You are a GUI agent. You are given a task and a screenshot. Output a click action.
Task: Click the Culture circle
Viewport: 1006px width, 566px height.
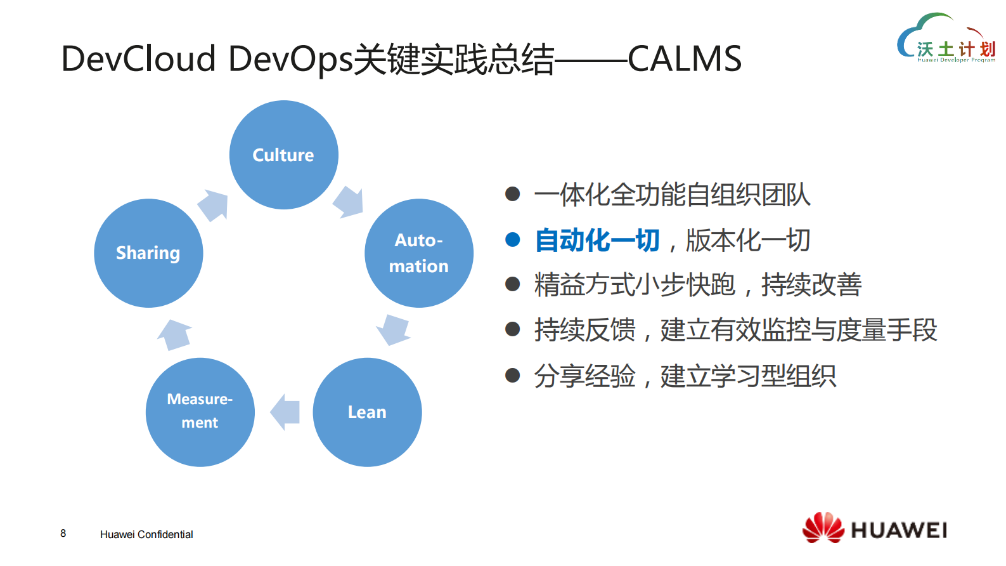(x=283, y=155)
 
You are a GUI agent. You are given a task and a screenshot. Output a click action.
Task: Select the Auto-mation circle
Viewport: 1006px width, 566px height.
(x=418, y=253)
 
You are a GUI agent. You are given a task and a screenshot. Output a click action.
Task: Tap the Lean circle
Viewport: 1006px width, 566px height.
(x=367, y=412)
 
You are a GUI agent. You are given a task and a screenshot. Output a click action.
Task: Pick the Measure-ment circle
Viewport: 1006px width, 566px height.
(x=200, y=412)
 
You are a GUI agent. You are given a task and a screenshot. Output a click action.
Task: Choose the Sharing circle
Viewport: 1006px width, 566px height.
(x=148, y=253)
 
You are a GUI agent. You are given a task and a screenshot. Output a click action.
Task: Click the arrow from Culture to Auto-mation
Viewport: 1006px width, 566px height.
(x=349, y=202)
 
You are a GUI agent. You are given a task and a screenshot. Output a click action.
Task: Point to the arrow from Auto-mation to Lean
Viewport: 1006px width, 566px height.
(x=394, y=329)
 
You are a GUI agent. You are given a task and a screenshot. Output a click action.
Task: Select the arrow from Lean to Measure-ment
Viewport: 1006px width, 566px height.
(x=285, y=412)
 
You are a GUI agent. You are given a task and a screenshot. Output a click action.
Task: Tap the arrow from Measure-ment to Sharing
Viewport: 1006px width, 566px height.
(x=174, y=334)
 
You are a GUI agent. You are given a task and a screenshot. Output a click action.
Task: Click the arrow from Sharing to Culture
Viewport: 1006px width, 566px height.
(x=213, y=205)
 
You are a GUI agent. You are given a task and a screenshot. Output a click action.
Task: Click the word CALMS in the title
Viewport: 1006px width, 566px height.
(x=684, y=59)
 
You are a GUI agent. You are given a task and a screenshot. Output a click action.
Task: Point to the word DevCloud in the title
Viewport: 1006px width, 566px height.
(x=138, y=59)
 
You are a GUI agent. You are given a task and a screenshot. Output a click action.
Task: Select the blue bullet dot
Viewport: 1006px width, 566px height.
(x=512, y=240)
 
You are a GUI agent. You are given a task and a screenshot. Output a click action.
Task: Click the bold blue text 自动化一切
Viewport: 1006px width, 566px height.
(x=597, y=240)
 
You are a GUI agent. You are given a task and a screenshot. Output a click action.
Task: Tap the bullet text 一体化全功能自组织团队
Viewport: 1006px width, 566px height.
(x=672, y=195)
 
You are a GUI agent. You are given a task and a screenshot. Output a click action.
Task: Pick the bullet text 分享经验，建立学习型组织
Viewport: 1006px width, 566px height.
(x=685, y=376)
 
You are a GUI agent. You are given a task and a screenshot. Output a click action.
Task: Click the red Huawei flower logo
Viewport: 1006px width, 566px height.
(x=823, y=527)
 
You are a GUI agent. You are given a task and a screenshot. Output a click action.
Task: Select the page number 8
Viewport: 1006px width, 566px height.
(x=63, y=533)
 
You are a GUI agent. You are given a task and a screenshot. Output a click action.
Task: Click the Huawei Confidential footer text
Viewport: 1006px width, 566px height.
(x=146, y=534)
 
